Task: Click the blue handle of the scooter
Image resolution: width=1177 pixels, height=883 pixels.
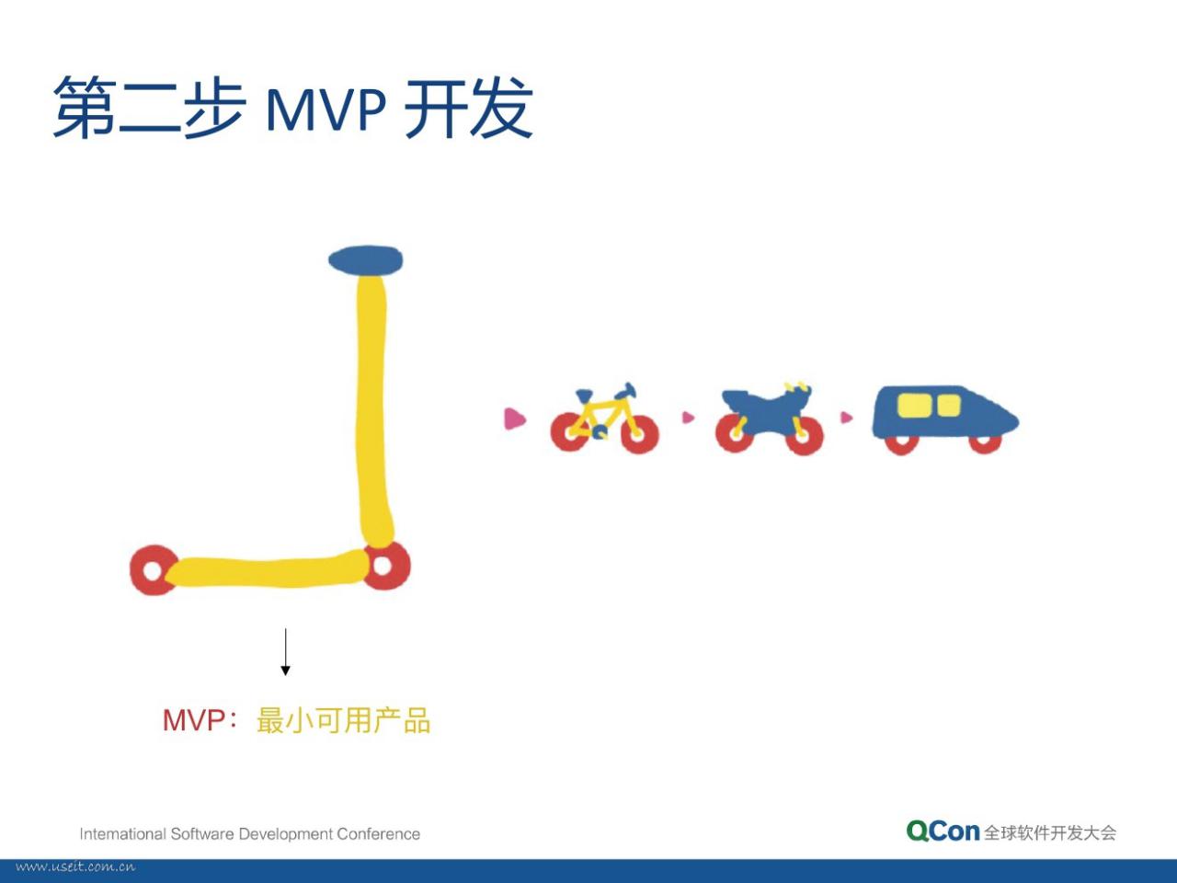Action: pos(365,260)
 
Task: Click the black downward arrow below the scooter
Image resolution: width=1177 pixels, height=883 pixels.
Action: pos(285,651)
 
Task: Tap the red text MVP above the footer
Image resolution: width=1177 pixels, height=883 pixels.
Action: pos(194,720)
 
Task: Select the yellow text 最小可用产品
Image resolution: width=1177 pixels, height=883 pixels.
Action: pos(343,720)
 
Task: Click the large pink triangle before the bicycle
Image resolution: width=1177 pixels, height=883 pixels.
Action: pos(514,419)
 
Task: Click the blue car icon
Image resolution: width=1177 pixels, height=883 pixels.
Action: pos(944,419)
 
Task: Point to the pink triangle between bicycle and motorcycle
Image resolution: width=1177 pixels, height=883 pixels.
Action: pos(688,417)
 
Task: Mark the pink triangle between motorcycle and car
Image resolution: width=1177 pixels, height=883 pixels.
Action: pos(846,417)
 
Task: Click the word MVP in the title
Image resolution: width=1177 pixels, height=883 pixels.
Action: pos(326,109)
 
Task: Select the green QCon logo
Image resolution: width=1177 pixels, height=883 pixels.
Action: pos(943,831)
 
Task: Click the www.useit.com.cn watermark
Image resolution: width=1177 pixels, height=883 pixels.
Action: pos(75,867)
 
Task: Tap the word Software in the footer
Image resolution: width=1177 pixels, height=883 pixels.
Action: pos(202,834)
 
